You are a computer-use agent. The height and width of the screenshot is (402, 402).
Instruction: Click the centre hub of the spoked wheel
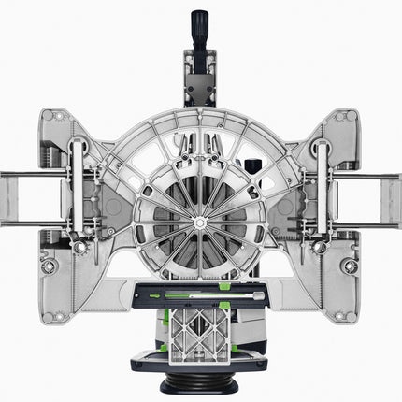coord(199,222)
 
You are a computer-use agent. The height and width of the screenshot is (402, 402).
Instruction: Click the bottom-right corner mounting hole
coord(352,266)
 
